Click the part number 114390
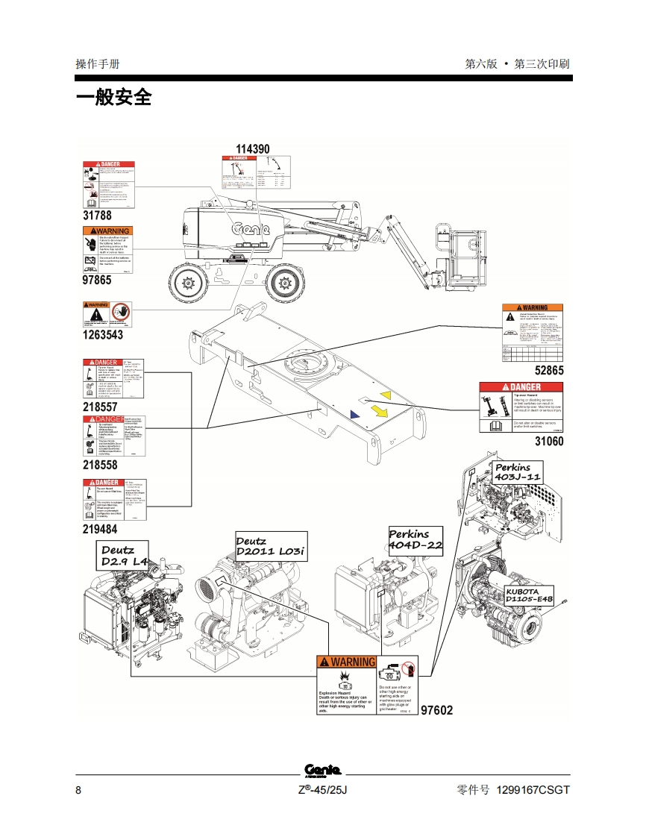pyautogui.click(x=253, y=149)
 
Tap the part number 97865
pyautogui.click(x=96, y=280)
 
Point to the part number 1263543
pyautogui.click(x=102, y=335)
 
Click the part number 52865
pyautogui.click(x=549, y=370)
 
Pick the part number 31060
pyautogui.click(x=549, y=441)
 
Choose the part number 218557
pyautogui.click(x=100, y=407)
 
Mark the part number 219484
pyautogui.click(x=100, y=529)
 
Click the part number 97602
pyautogui.click(x=437, y=710)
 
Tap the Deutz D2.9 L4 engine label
pyautogui.click(x=125, y=555)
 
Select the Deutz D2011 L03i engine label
pyautogui.click(x=270, y=546)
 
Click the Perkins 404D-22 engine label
pyautogui.click(x=415, y=539)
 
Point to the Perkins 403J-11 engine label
pyautogui.click(x=517, y=472)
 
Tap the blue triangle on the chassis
pyautogui.click(x=354, y=413)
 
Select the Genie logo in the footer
pyautogui.click(x=322, y=771)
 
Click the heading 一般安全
pyautogui.click(x=113, y=97)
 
